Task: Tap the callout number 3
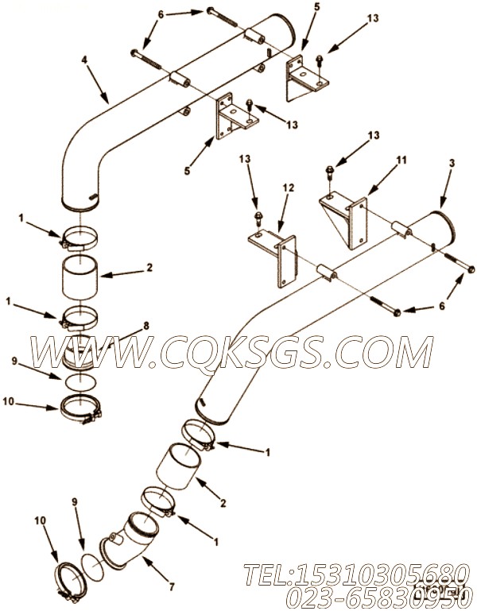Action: [452, 164]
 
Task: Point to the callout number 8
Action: [145, 324]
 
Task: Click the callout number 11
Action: [401, 160]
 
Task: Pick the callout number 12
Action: [288, 188]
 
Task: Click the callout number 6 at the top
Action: [160, 14]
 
